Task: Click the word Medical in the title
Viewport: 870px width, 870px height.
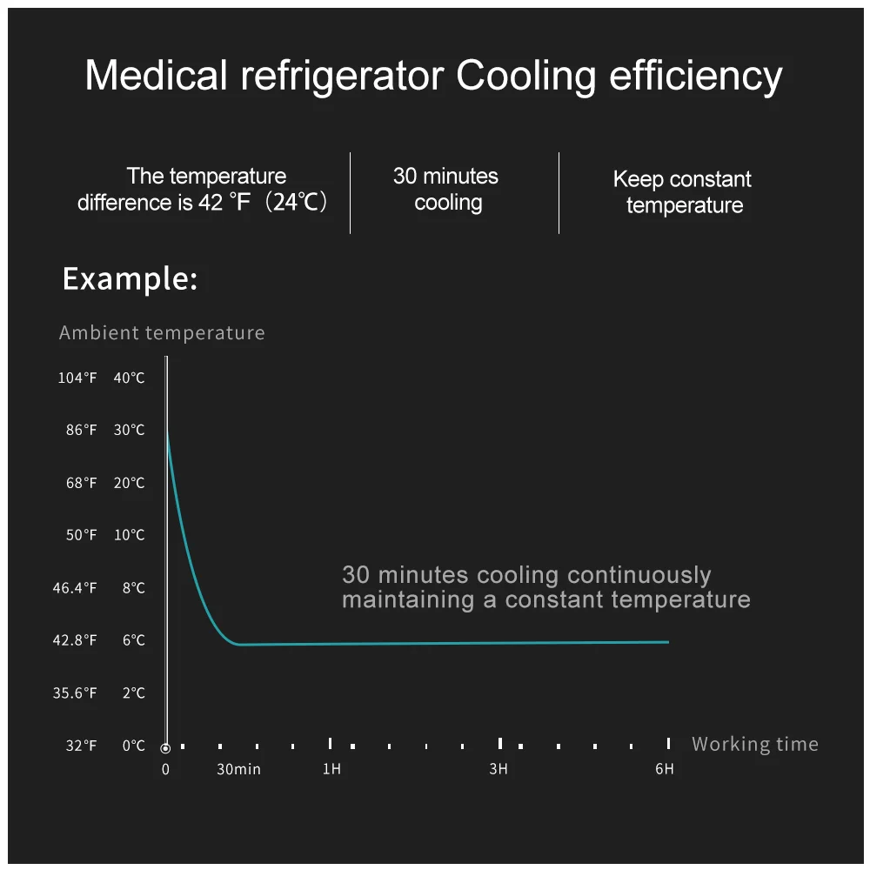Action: pos(155,77)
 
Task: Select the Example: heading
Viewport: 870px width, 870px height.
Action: pos(130,279)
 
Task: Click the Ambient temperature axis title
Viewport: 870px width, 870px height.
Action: pos(162,332)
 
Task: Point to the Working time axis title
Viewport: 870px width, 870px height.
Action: pos(754,744)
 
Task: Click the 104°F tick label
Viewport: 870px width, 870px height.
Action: pos(77,378)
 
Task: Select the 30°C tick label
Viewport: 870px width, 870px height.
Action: pos(129,431)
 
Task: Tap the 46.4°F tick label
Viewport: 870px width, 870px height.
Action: pos(74,588)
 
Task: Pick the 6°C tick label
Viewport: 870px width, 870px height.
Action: pos(133,640)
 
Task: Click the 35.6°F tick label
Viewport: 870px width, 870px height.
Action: pos(74,693)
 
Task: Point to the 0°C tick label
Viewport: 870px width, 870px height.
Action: pos(133,746)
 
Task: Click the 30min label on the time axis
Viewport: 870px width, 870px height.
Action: pos(238,769)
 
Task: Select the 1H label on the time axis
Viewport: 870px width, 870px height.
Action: pos(331,769)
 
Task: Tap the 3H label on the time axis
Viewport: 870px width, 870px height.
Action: pos(498,769)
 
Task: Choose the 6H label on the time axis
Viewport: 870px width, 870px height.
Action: pos(664,769)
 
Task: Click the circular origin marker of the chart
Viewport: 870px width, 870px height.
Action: pos(165,747)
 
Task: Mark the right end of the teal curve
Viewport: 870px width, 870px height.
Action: pos(667,642)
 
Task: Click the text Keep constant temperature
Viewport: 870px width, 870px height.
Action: pos(682,192)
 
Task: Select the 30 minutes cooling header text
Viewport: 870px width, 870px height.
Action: pos(446,189)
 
